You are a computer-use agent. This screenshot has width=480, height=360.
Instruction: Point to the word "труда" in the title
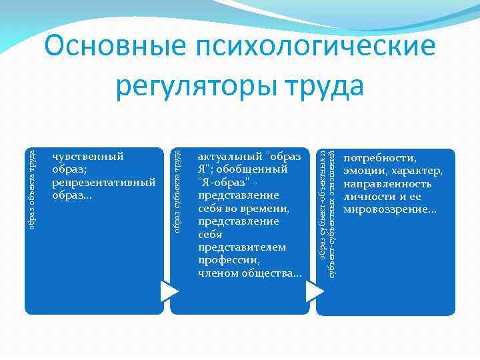(323, 86)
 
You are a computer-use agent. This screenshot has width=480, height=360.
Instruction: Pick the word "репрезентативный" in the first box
(103, 182)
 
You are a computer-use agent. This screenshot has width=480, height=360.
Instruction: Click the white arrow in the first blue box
(169, 291)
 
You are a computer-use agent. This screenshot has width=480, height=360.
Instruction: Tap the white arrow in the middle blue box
(314, 291)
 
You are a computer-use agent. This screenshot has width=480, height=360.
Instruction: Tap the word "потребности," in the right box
(379, 159)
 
